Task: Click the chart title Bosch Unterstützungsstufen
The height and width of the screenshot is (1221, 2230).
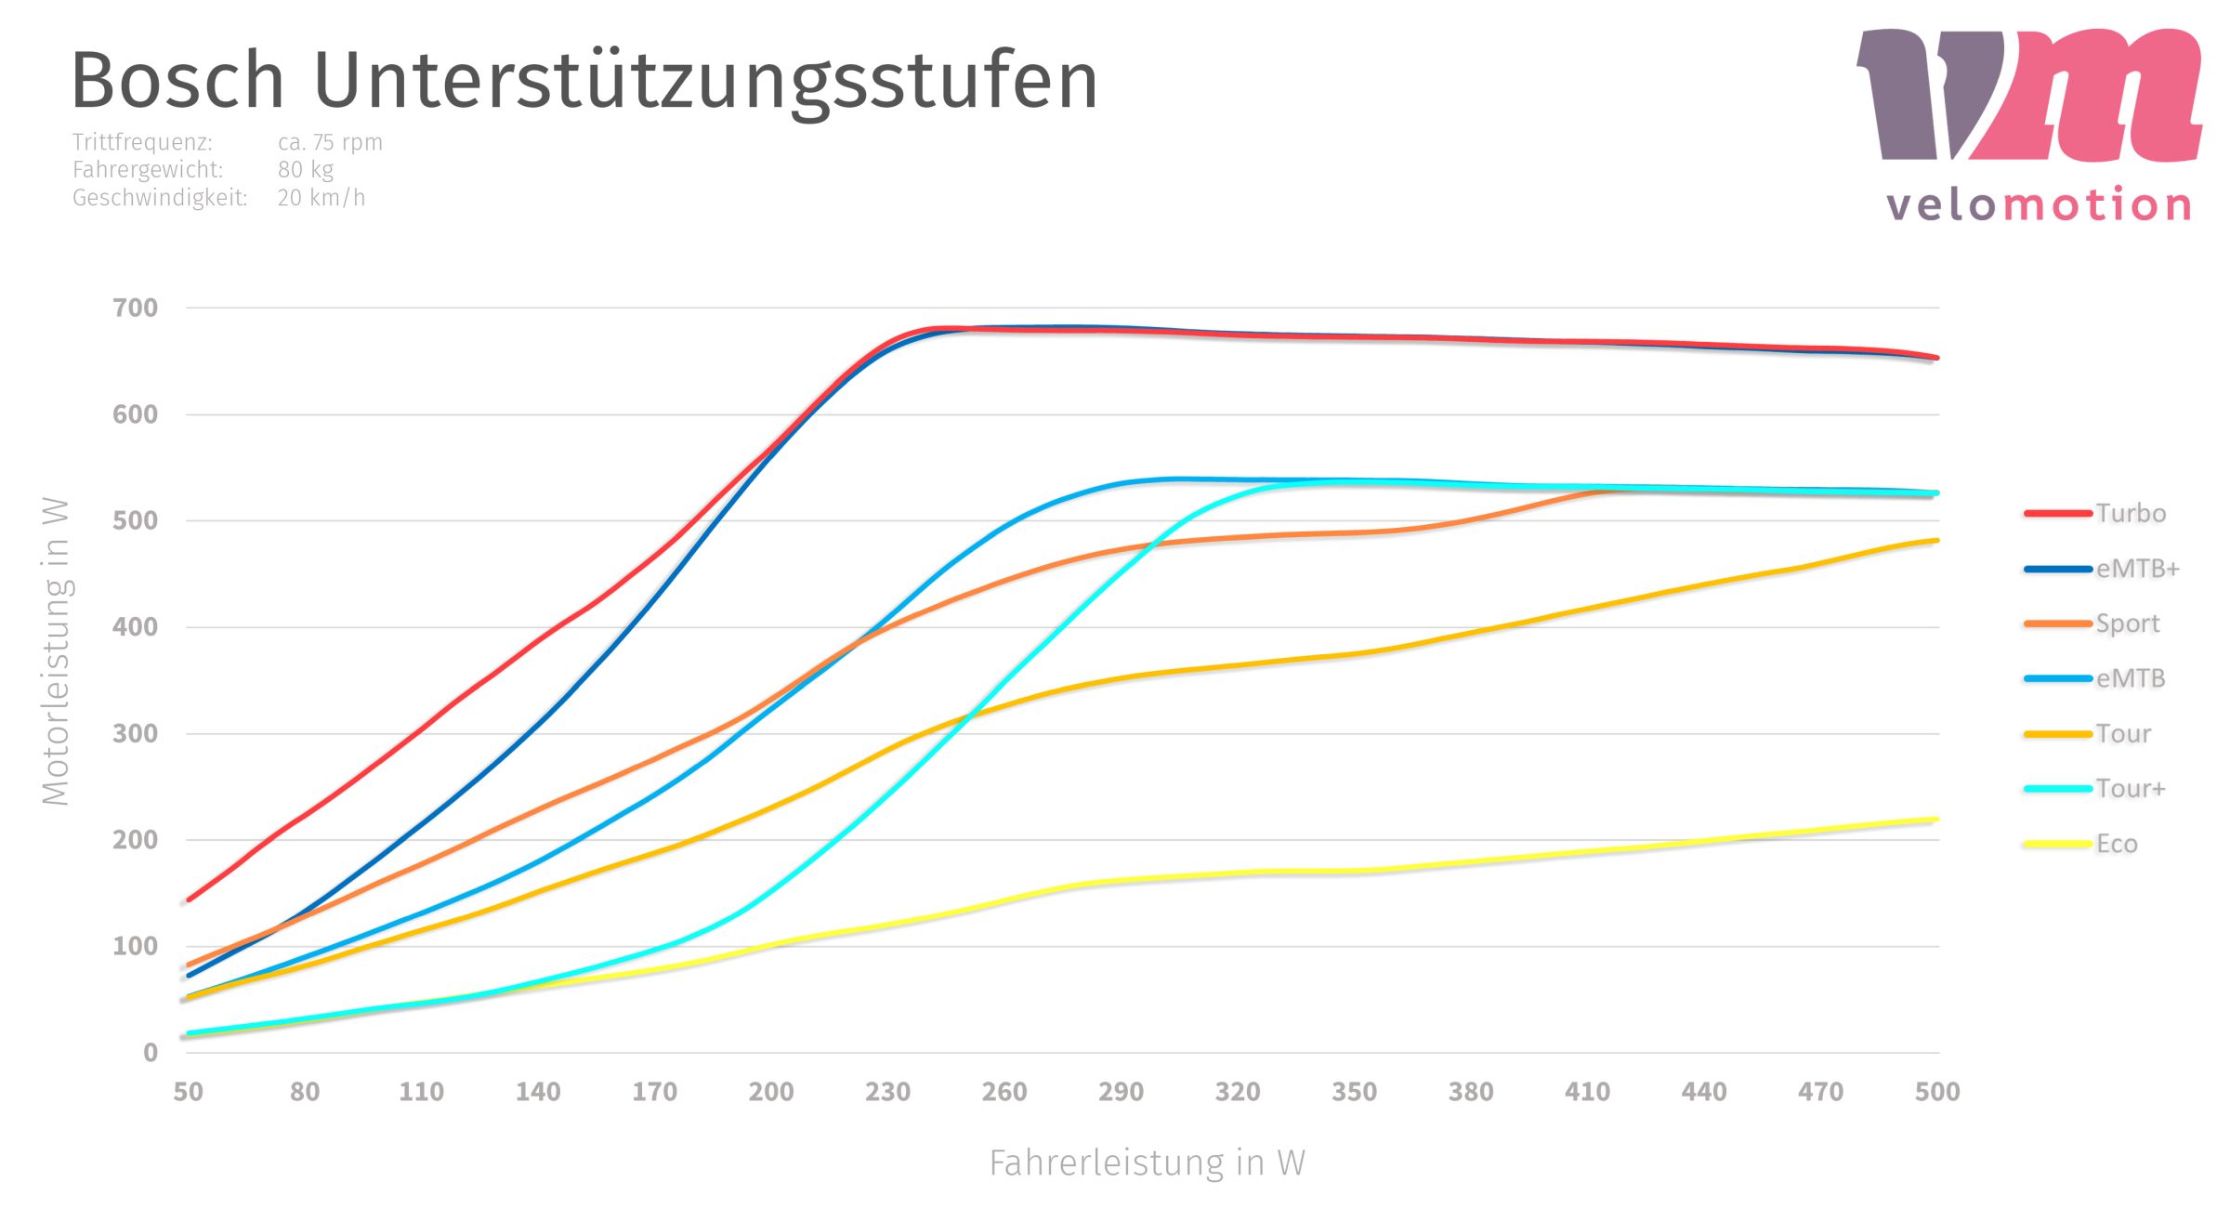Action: (x=584, y=82)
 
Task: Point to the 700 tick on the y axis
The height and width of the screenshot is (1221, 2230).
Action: (x=136, y=308)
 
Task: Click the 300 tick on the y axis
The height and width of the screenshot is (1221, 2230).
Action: (x=136, y=733)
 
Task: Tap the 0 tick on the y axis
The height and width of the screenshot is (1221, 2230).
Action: (x=151, y=1053)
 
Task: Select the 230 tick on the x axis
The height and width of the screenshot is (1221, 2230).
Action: (x=887, y=1092)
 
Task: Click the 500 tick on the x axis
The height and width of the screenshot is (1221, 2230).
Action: (x=1936, y=1092)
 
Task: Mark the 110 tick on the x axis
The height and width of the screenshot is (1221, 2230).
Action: (x=421, y=1092)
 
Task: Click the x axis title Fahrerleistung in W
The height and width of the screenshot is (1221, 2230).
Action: (x=1147, y=1163)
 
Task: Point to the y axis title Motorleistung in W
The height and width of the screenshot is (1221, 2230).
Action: (x=56, y=650)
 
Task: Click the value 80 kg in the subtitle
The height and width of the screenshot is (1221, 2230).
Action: (x=305, y=170)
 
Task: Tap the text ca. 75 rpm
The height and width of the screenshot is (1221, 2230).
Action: (x=330, y=142)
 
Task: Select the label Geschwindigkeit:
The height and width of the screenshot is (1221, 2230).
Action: (x=160, y=198)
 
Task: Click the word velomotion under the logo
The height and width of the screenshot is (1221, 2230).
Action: (x=2039, y=204)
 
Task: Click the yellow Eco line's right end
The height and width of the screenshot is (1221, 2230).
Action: (x=1935, y=820)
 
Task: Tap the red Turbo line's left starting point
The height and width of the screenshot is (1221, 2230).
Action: (x=190, y=899)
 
